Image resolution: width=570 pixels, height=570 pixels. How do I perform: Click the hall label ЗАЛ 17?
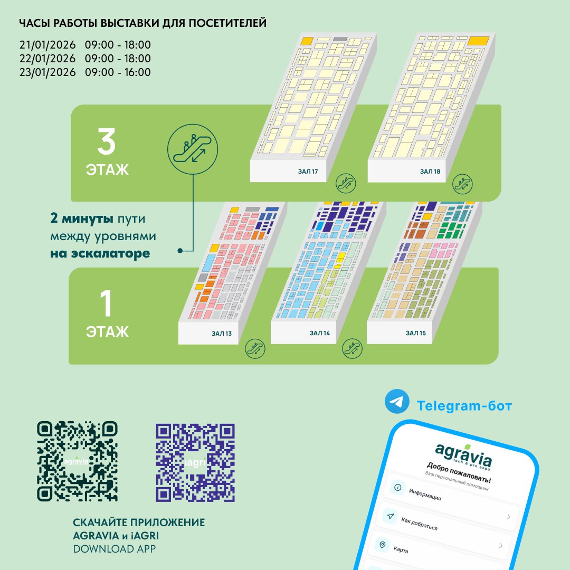308,172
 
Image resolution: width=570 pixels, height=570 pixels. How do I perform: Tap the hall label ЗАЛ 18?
430,172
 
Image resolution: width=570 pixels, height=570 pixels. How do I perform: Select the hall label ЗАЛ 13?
221,334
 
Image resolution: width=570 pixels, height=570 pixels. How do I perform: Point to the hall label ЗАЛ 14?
319,333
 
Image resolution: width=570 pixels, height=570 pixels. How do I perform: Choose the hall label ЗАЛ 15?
415,333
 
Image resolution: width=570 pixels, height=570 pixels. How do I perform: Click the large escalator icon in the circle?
193,149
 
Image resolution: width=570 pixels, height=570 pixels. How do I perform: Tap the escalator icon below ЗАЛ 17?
345,183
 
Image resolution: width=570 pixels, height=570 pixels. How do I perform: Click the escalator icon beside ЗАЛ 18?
462,184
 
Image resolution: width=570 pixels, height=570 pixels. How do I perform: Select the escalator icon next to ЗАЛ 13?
255,348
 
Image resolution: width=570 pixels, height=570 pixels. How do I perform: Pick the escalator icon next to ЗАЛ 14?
352,348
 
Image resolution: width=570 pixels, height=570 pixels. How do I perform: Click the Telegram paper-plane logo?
397,401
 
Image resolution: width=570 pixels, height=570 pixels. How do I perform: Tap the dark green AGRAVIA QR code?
77,461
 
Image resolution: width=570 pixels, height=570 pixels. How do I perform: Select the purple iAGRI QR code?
195,463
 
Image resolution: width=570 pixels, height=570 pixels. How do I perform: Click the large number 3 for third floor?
106,141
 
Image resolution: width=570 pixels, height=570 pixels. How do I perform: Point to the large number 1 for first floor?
106,303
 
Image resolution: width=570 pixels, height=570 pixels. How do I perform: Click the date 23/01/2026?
47,72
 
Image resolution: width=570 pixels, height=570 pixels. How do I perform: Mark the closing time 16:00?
137,72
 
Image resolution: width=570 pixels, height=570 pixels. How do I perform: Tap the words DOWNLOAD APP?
114,549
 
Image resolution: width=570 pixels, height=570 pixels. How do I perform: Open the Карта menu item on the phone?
401,549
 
